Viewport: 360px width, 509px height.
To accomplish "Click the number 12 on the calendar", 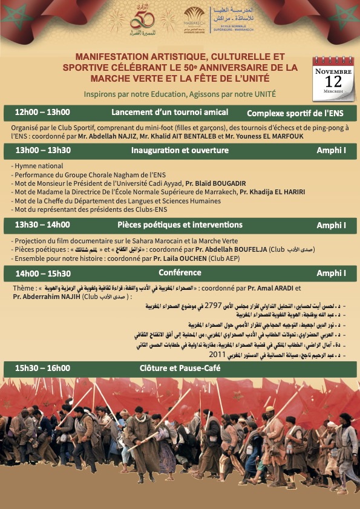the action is [332, 81].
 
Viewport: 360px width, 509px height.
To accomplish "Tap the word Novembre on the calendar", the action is [332, 70].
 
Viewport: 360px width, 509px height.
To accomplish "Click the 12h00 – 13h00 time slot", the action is [42, 112].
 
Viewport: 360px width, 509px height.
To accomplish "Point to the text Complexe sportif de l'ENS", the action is [296, 113].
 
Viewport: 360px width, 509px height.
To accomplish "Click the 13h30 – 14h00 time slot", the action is [42, 225].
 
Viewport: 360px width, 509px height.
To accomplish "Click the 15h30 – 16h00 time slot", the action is [42, 367].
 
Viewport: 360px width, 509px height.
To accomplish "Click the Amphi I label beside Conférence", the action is [331, 274].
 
